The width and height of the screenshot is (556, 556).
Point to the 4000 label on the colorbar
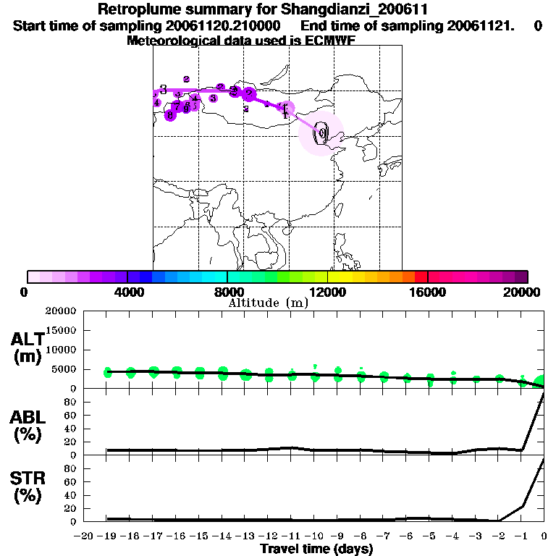click(x=127, y=291)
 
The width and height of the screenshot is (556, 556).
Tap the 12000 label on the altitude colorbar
click(x=328, y=291)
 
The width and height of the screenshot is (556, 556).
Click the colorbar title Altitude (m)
click(x=268, y=303)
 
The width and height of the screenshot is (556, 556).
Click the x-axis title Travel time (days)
click(x=316, y=549)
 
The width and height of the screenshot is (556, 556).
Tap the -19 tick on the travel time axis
click(x=107, y=536)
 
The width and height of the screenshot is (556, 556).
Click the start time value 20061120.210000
click(x=217, y=26)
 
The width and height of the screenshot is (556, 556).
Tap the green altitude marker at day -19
click(x=108, y=372)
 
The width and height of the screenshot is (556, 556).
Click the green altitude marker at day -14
click(x=223, y=373)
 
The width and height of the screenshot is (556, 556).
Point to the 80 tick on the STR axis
click(x=69, y=468)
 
